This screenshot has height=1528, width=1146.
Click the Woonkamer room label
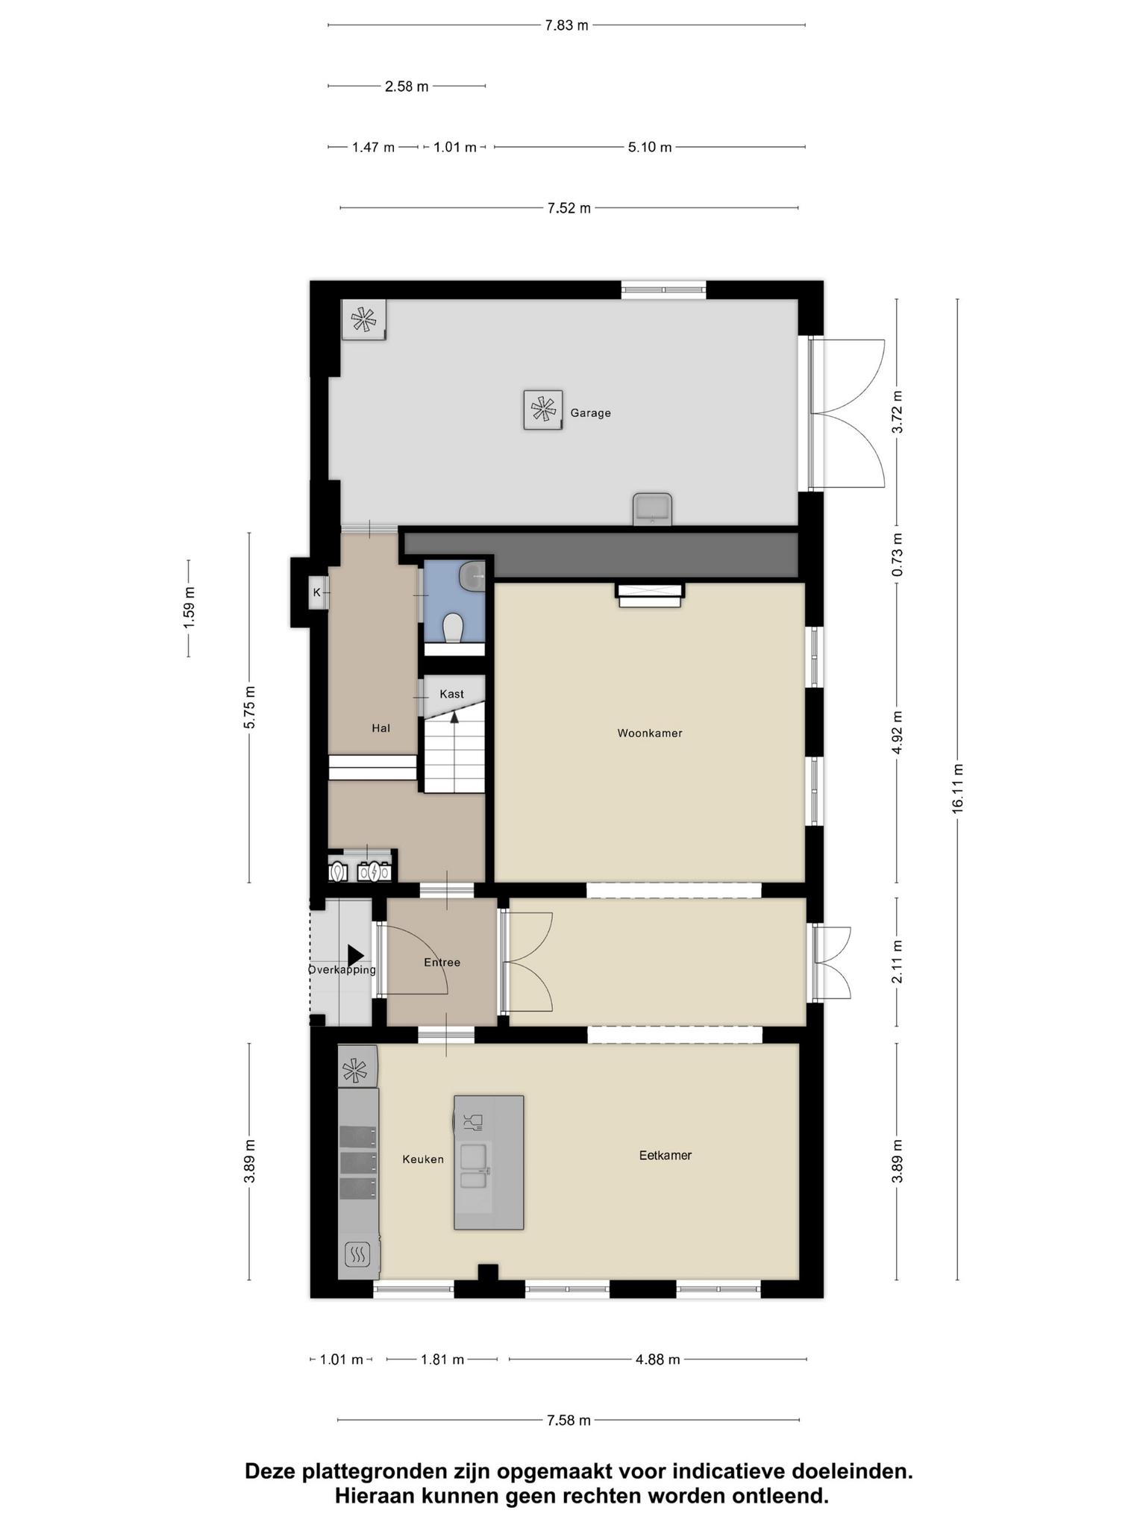tap(649, 733)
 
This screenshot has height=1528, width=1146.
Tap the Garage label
tap(590, 413)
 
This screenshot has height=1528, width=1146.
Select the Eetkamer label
tap(665, 1155)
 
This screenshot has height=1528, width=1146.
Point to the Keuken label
tap(423, 1159)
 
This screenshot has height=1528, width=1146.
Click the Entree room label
tap(442, 962)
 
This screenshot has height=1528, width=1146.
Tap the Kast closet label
tap(451, 694)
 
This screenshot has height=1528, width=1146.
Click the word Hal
tap(381, 728)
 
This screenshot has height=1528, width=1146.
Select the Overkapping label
tap(342, 970)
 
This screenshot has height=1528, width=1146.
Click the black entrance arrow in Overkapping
tap(355, 955)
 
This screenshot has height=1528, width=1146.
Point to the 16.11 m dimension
tap(958, 788)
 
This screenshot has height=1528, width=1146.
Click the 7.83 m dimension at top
tap(566, 25)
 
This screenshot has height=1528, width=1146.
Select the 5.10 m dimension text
tap(650, 147)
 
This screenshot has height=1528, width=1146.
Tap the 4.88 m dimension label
tap(657, 1359)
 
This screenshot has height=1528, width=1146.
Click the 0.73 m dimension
tap(897, 554)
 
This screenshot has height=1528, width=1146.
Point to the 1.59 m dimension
tap(189, 607)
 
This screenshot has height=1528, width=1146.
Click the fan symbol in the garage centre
tap(542, 410)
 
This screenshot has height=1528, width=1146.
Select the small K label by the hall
tap(317, 592)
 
